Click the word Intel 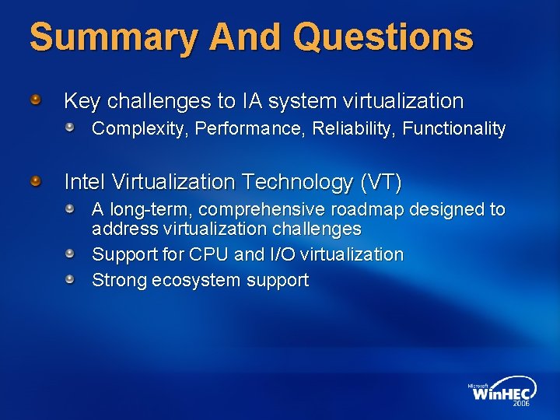click(85, 183)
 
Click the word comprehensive click(269, 210)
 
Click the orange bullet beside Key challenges click(36, 100)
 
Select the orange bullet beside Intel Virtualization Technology click(36, 181)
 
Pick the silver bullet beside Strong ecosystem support click(70, 278)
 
